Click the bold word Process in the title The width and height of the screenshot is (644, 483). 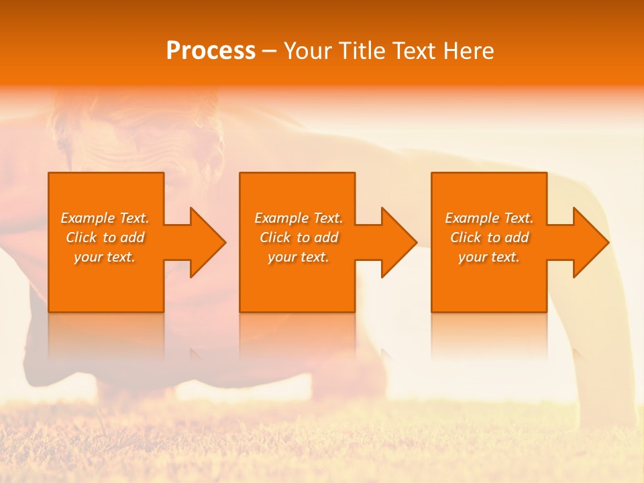tap(211, 51)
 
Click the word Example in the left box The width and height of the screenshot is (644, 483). tap(87, 218)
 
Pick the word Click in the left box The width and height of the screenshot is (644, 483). tap(81, 237)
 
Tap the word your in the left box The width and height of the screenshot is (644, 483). tap(88, 257)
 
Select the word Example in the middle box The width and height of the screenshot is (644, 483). tap(281, 218)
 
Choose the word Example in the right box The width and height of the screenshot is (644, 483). tap(472, 218)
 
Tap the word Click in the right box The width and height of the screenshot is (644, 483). tap(466, 237)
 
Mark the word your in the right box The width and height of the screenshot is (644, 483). tap(472, 257)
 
